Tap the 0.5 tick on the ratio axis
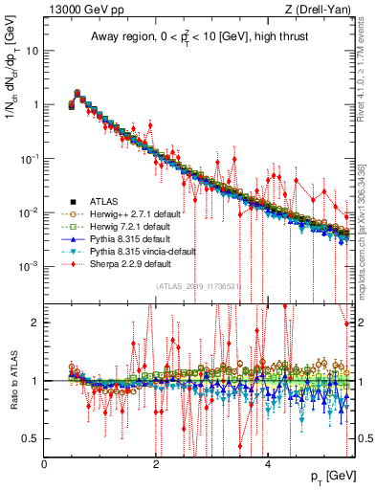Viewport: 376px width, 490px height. pos(31,438)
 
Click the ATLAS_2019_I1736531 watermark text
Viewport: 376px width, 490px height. pos(195,284)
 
